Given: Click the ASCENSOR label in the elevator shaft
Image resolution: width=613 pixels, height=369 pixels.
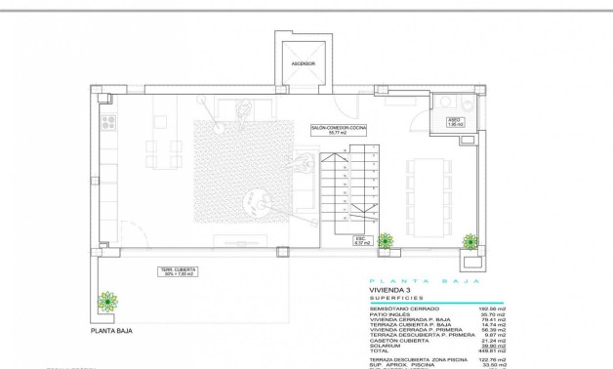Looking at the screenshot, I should pyautogui.click(x=303, y=65).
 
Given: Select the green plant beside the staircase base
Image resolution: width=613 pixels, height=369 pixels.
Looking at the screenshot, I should pyautogui.click(x=386, y=240).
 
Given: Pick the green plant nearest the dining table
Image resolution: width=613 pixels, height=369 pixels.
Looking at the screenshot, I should pyautogui.click(x=470, y=241).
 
